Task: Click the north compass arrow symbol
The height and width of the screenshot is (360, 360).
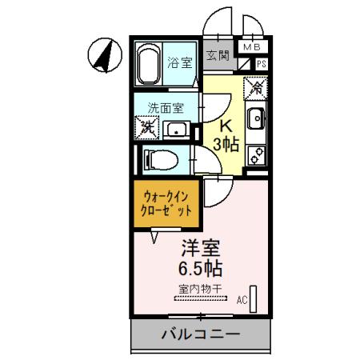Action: (102, 56)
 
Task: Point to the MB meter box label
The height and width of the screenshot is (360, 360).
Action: (252, 48)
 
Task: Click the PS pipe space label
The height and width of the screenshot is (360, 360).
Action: (261, 64)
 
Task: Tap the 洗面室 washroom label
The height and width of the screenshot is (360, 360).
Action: (163, 106)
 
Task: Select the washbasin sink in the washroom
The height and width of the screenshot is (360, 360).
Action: (177, 130)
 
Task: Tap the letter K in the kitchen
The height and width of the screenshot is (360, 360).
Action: (226, 126)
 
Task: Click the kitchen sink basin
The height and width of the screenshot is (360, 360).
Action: (258, 121)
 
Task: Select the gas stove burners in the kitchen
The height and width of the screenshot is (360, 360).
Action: (257, 154)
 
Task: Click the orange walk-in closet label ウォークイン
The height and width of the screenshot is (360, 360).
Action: (168, 194)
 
